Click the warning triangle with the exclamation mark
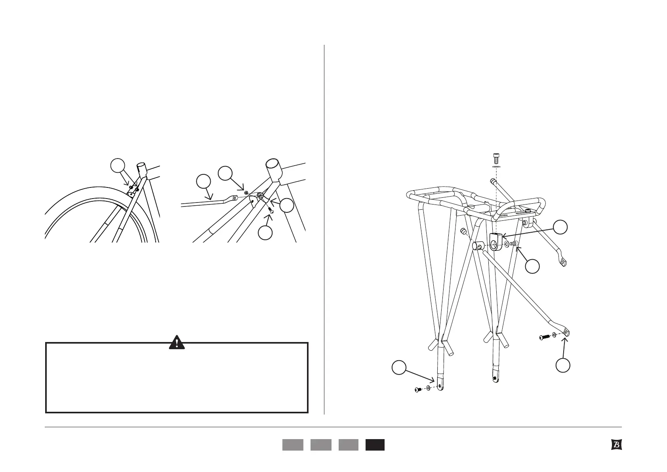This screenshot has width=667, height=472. [x=177, y=342]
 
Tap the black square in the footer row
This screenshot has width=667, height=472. [x=375, y=445]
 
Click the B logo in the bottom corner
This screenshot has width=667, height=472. [x=616, y=445]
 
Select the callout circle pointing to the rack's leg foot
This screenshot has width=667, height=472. [x=398, y=367]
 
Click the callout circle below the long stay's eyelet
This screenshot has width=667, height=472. [x=562, y=365]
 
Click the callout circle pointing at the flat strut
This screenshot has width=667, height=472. [x=204, y=182]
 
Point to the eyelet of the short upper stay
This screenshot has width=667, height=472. [x=562, y=262]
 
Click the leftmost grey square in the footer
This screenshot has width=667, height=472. [x=293, y=445]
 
